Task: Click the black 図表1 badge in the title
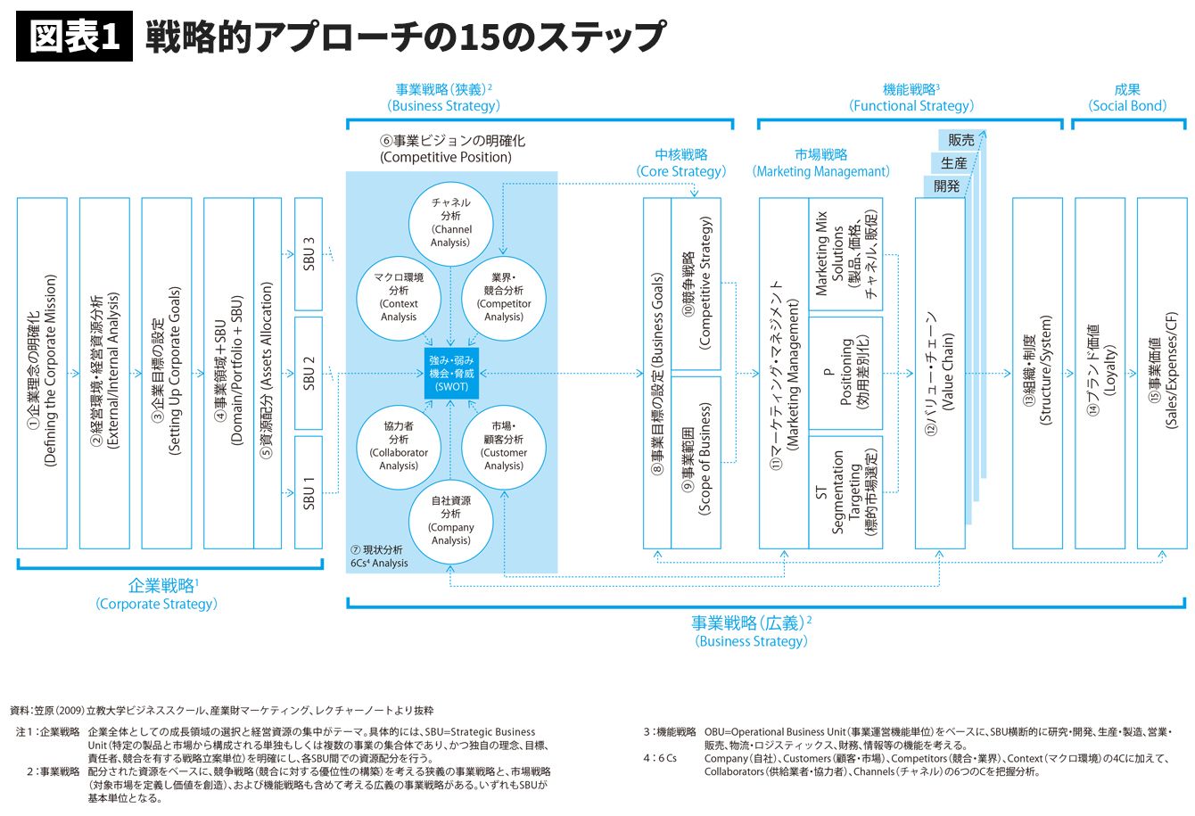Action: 74,37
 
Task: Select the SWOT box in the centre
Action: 451,374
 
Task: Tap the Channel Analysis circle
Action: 451,222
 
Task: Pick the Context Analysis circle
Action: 399,297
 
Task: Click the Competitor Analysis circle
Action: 504,297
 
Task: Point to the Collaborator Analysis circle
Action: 399,446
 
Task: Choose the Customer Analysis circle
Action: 504,446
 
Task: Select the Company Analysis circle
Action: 451,521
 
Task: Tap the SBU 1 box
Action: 309,491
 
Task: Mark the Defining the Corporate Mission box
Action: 42,373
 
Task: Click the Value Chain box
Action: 940,373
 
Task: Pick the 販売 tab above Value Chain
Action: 961,140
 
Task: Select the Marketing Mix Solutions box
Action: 845,254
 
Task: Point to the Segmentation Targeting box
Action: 845,491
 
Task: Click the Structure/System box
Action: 1037,373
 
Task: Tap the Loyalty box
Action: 1100,373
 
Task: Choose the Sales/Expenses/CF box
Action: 1162,373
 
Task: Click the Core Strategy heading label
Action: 681,163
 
